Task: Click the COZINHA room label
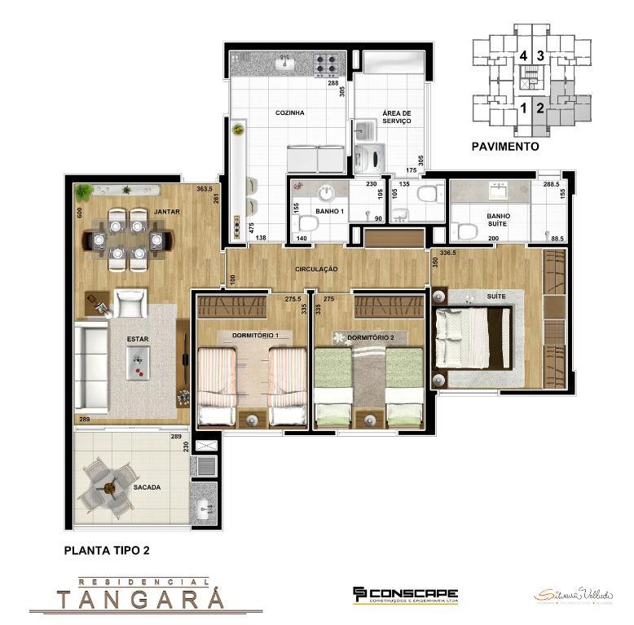[289, 113]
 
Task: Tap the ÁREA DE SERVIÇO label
[396, 117]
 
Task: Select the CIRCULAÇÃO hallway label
[318, 269]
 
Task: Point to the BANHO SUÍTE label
[499, 221]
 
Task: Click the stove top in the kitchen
[328, 63]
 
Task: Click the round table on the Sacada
[108, 487]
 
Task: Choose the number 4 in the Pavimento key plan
[523, 56]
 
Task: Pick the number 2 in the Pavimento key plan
[539, 107]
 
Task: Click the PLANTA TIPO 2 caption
[107, 551]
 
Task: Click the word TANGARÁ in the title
[141, 600]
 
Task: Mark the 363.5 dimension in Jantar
[205, 189]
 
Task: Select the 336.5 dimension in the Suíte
[447, 253]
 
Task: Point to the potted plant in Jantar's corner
[83, 192]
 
